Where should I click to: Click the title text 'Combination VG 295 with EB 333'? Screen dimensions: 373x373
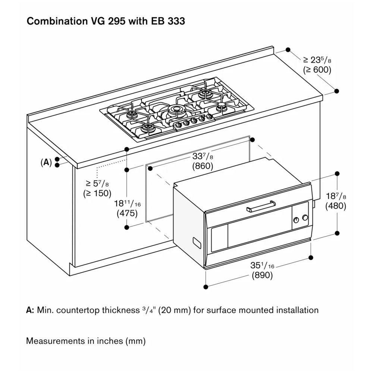click(x=106, y=21)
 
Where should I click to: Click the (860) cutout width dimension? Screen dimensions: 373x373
click(x=203, y=166)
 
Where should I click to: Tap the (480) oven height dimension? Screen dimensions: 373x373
click(x=335, y=206)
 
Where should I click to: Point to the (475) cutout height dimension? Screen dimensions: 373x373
click(x=127, y=214)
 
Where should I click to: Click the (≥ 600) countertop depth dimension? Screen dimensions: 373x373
click(x=317, y=69)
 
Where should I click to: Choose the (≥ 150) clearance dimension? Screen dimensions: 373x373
click(x=97, y=193)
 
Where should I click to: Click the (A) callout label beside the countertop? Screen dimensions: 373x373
click(x=46, y=162)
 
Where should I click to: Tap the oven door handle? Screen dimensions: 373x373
click(x=261, y=206)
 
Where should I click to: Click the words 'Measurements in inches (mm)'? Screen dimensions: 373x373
click(x=86, y=341)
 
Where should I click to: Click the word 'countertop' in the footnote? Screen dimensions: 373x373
click(x=78, y=310)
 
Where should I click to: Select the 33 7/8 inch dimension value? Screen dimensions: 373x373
click(x=203, y=156)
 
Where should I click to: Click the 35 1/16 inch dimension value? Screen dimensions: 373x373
click(x=262, y=266)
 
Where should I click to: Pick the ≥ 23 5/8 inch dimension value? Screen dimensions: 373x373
click(x=317, y=60)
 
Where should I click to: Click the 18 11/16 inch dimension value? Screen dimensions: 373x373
click(x=127, y=204)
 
